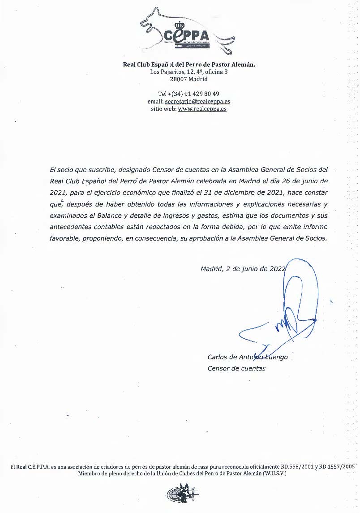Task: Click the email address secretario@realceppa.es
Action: [197, 102]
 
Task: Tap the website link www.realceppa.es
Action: [202, 109]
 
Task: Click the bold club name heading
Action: [189, 65]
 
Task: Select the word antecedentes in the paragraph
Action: [72, 227]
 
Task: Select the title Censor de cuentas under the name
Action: [236, 368]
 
